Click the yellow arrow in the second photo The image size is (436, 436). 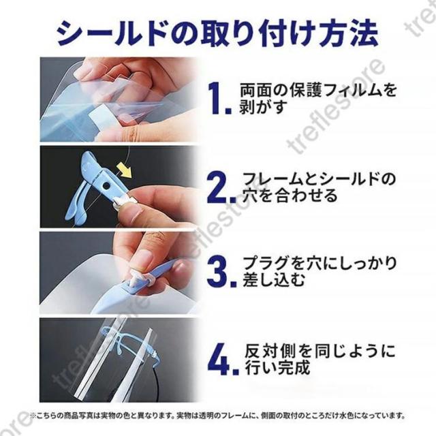(124, 170)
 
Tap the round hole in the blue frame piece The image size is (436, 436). (106, 185)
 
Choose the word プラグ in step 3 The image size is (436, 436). (266, 263)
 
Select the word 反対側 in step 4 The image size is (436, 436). (268, 351)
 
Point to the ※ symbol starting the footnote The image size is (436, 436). (33, 416)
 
